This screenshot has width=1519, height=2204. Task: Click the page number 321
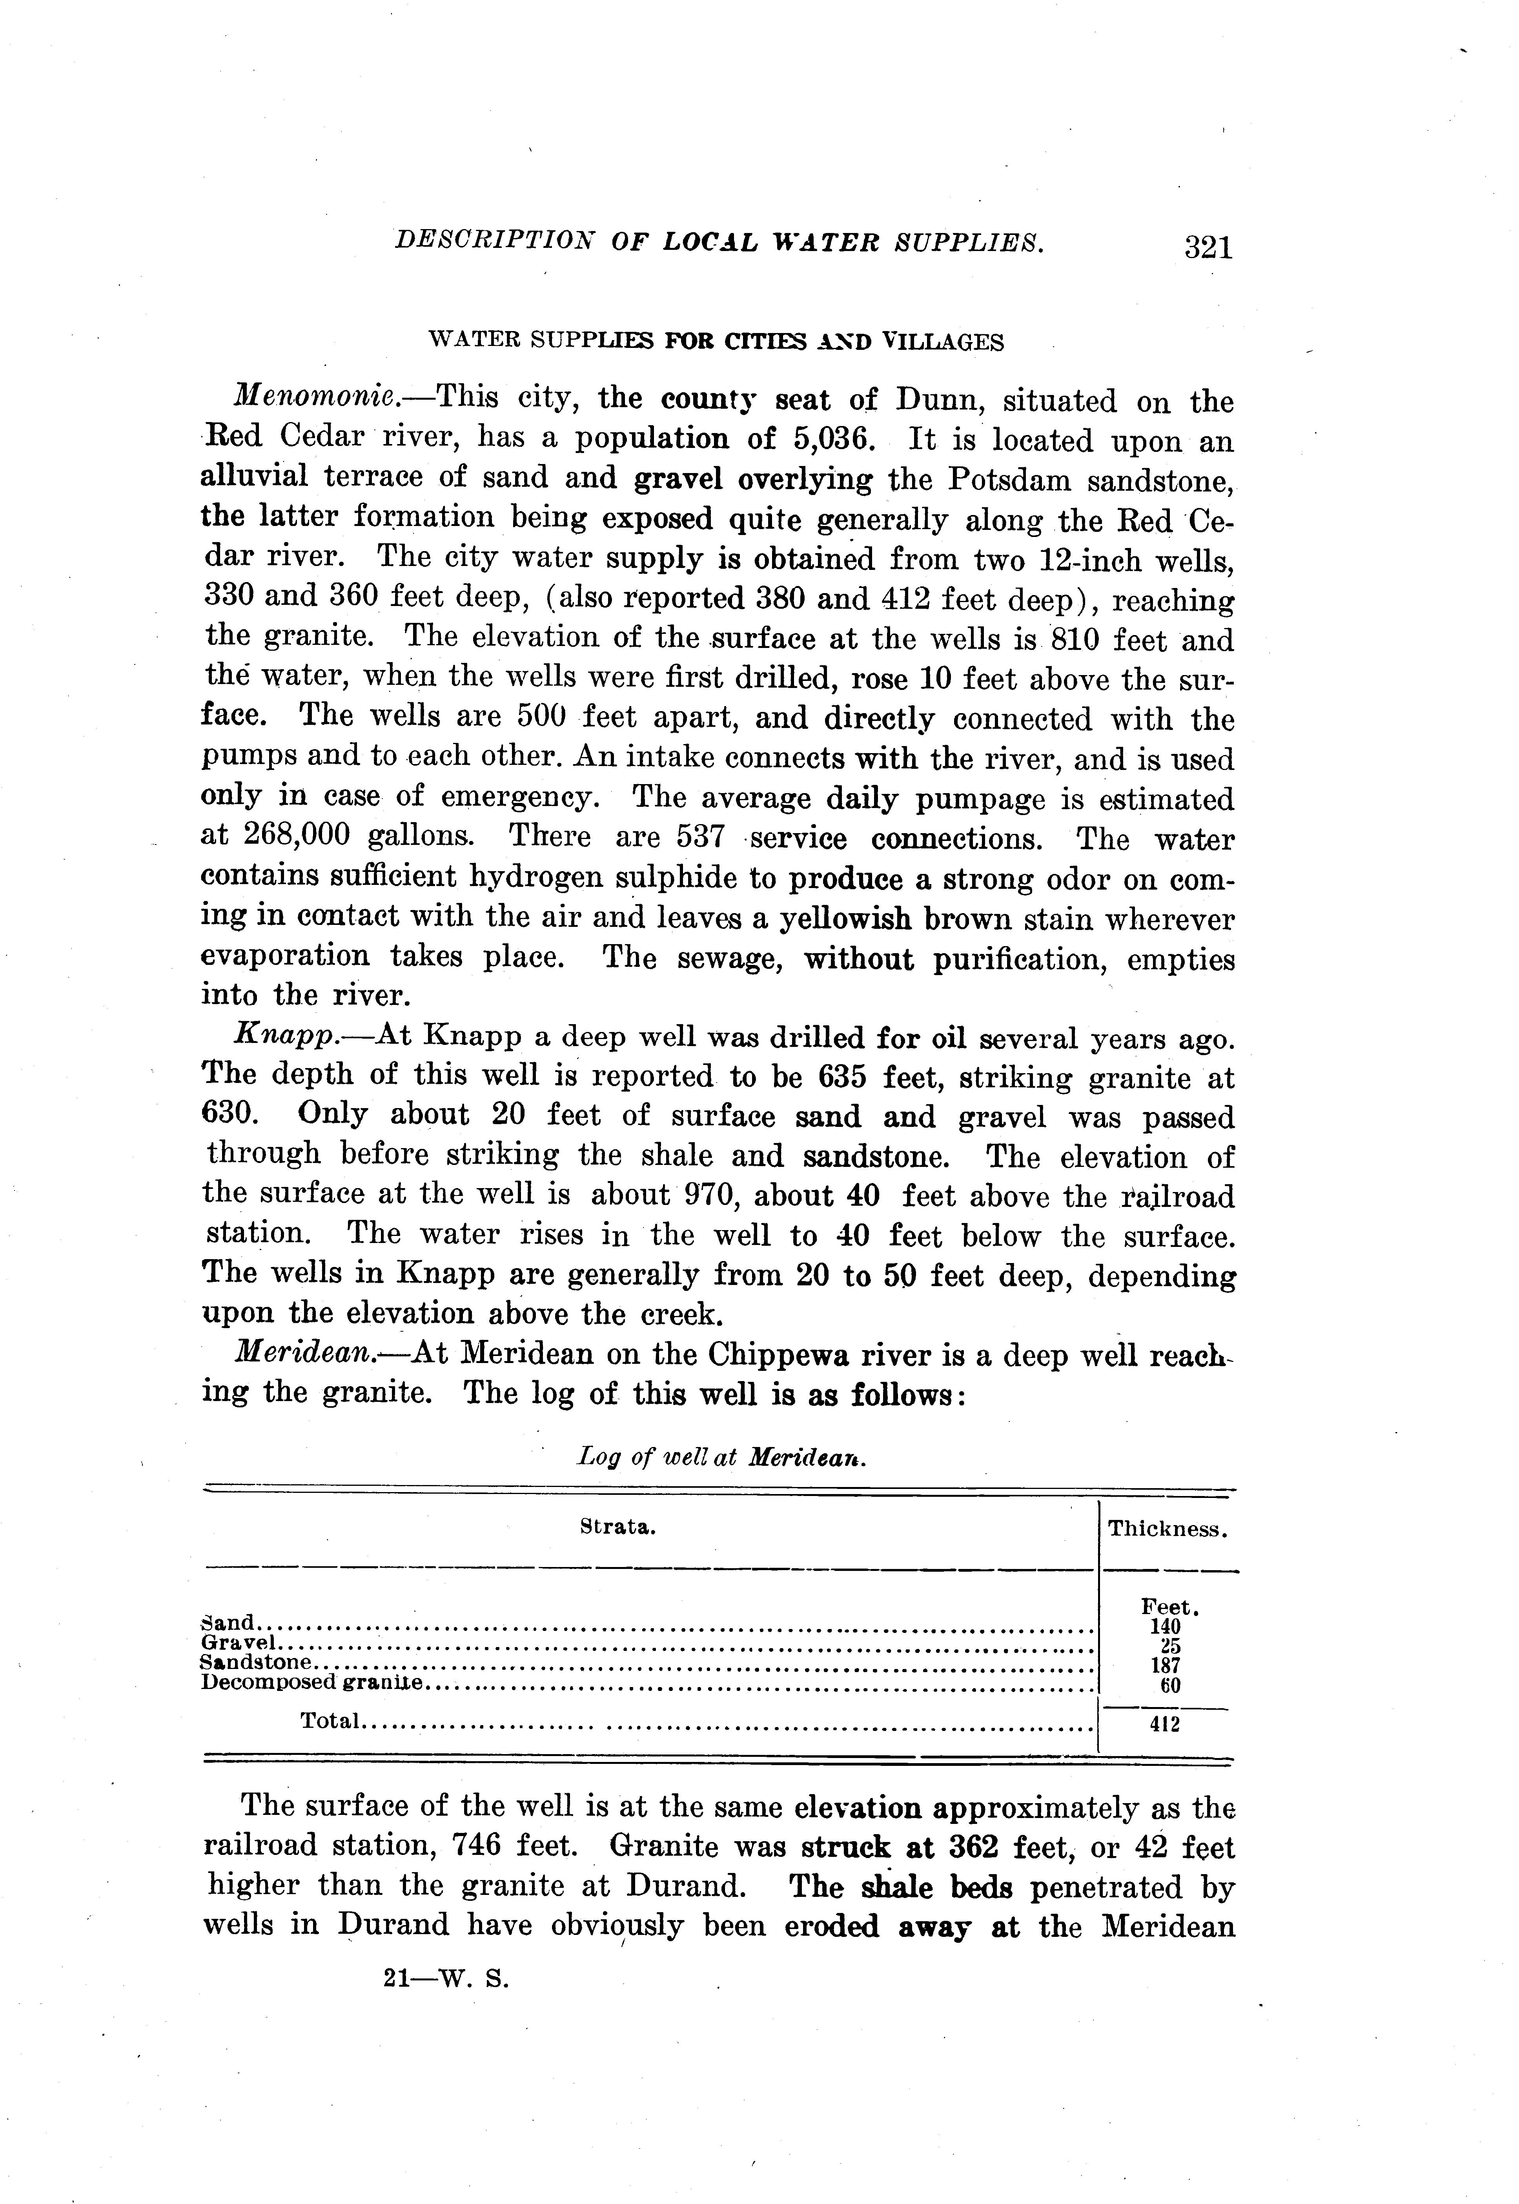click(x=1208, y=248)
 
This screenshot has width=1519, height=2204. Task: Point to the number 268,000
click(x=298, y=835)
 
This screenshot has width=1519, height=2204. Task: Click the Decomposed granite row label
click(x=311, y=1682)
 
